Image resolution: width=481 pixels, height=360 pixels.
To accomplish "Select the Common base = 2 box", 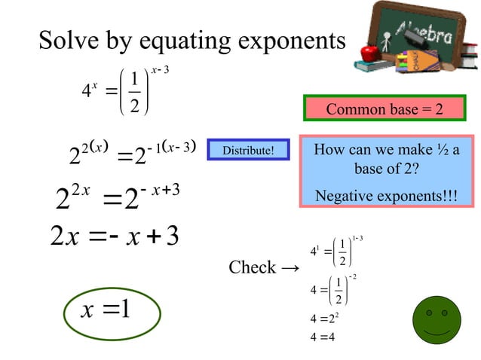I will click(x=384, y=109).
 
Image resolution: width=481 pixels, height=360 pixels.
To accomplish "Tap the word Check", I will click(x=252, y=268).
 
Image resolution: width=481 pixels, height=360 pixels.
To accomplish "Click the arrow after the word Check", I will click(x=290, y=268).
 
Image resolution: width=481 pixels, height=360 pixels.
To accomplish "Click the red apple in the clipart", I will click(x=369, y=53).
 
